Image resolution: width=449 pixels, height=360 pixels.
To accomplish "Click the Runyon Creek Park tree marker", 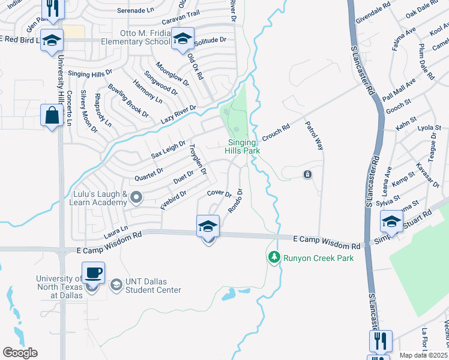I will pos(274,257).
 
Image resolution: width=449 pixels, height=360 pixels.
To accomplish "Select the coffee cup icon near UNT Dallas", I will pos(93,273).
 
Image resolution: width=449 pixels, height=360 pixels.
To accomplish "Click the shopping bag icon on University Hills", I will pos(52,115).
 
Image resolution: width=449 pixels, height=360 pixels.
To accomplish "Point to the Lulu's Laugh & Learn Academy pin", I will pos(137,197).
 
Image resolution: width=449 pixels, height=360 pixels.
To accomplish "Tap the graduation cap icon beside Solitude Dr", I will pos(182,39).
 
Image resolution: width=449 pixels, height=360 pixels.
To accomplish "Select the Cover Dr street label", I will pos(219,194).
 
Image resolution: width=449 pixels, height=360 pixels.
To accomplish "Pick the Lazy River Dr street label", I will pos(179,114).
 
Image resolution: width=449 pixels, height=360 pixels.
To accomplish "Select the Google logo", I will pos(20,353).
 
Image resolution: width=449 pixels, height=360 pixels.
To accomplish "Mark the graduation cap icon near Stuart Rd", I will pos(391,221).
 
